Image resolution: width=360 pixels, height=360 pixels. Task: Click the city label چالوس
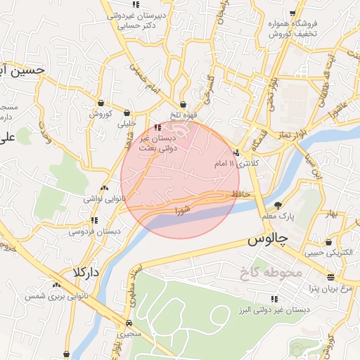(269, 240)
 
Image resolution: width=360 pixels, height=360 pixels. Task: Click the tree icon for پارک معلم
(278, 205)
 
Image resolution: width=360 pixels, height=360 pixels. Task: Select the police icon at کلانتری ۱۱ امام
(236, 153)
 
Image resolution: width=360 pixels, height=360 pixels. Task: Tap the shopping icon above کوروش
(101, 103)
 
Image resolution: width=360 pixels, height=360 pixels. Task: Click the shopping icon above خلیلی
(127, 112)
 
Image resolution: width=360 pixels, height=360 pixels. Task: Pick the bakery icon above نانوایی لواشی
(104, 188)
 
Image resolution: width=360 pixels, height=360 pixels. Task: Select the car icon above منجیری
(129, 323)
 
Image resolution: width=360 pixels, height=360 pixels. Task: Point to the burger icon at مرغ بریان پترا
(330, 276)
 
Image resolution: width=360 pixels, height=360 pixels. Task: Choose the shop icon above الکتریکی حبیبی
(328, 242)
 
